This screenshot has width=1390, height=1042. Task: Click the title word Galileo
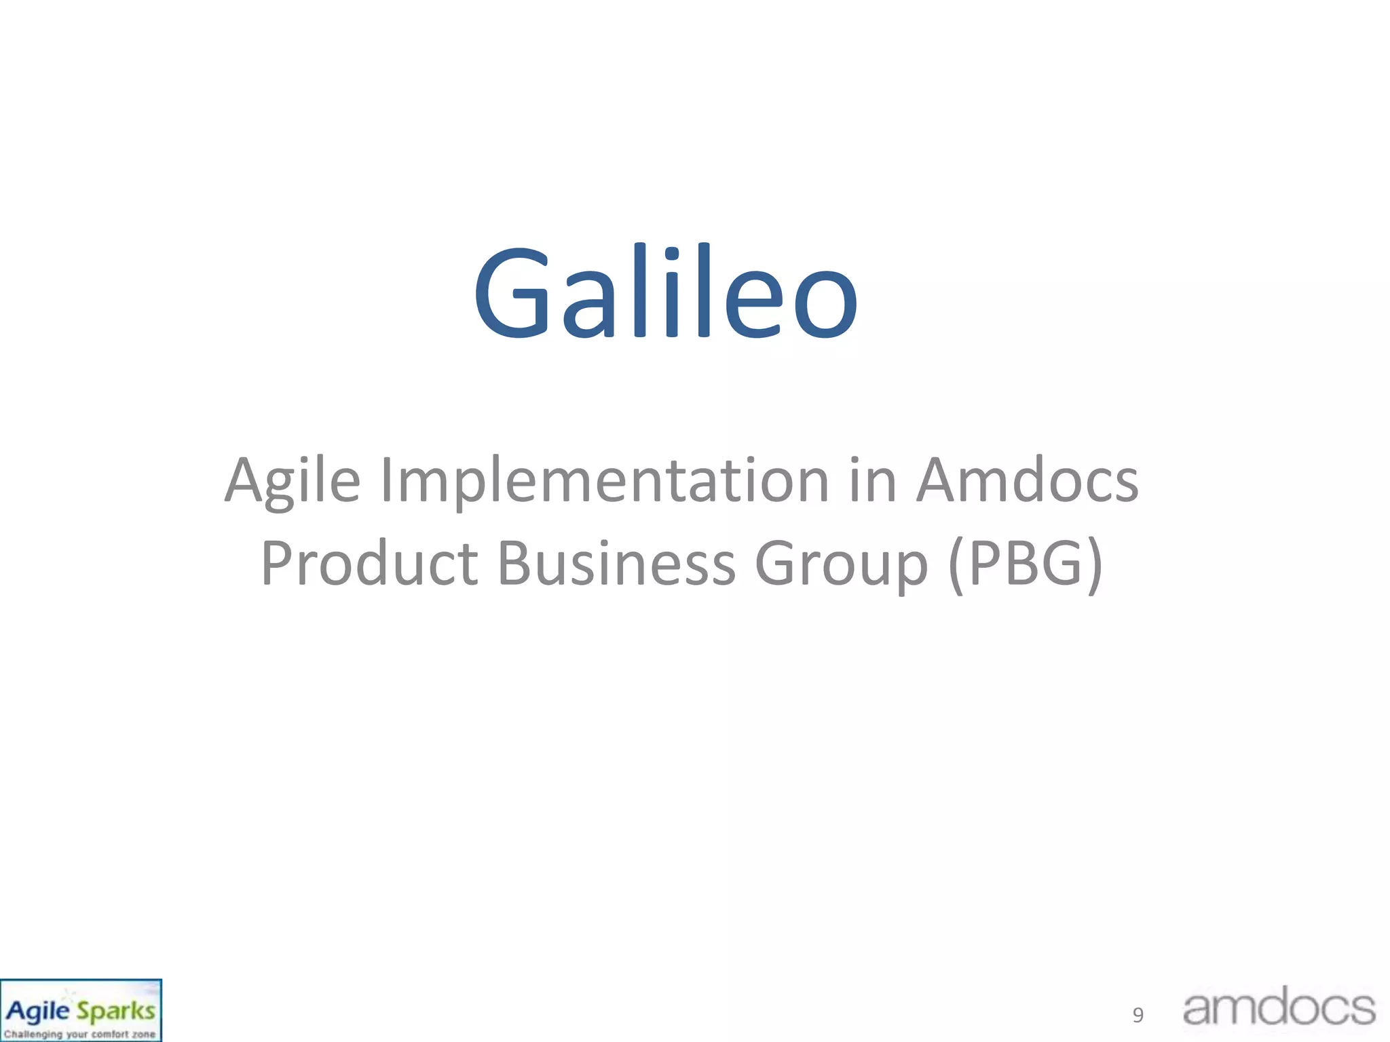[665, 293]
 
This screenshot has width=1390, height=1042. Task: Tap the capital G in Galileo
[511, 293]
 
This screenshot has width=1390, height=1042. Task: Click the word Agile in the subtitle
[293, 482]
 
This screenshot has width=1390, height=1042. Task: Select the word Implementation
[605, 482]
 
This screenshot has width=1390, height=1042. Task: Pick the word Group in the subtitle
[841, 564]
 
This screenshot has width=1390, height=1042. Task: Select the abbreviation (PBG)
[1025, 564]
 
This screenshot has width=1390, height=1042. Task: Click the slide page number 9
[1138, 1016]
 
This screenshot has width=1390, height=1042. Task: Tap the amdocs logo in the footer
[1279, 1007]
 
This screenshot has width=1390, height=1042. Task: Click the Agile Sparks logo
[81, 1010]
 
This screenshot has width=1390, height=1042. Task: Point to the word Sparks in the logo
[115, 1011]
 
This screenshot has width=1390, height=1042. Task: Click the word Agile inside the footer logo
[38, 1011]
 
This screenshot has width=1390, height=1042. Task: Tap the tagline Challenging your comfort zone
[80, 1035]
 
